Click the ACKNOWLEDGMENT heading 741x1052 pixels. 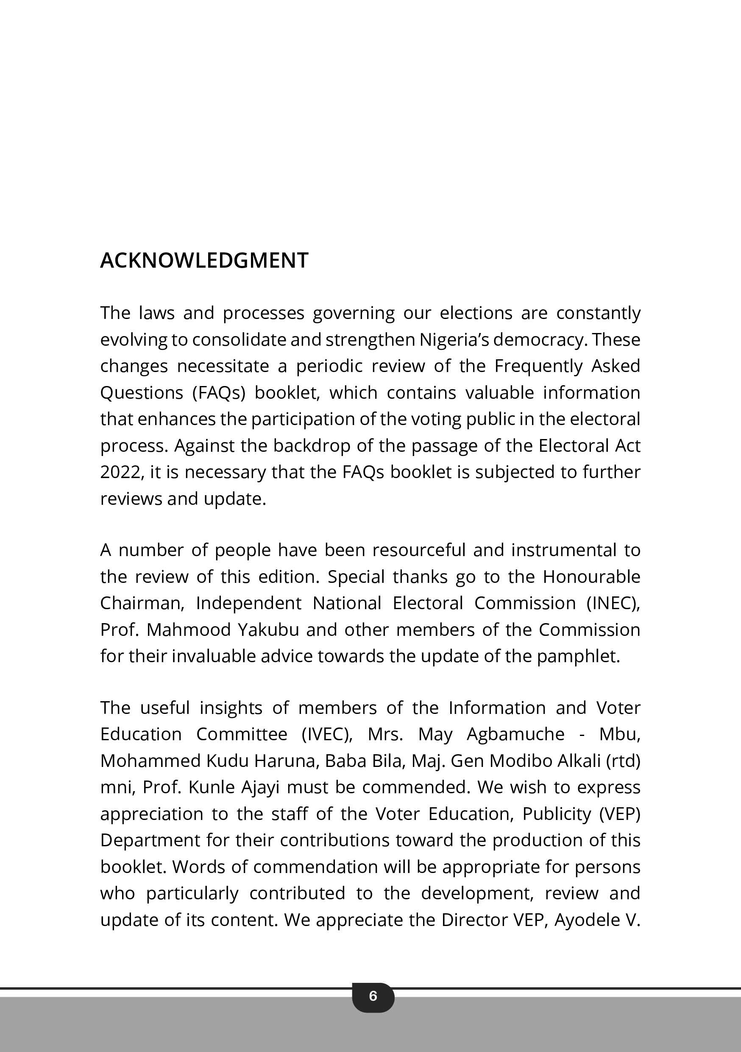tap(204, 260)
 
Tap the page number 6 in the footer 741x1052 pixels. tap(373, 996)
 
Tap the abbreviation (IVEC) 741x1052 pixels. tap(327, 734)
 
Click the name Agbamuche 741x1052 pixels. tap(515, 734)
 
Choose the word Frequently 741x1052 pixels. tap(538, 367)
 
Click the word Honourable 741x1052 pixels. tap(591, 577)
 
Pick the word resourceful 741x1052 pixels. tap(418, 550)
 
